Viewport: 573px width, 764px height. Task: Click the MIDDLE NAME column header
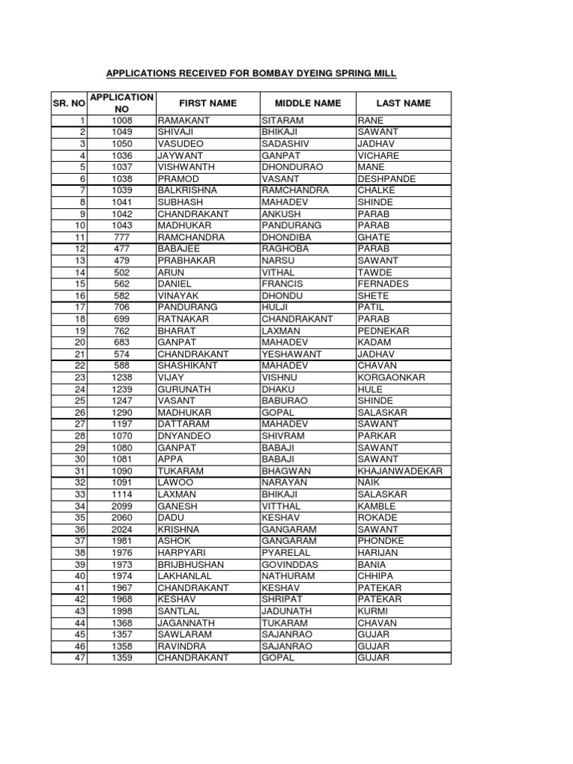click(x=307, y=103)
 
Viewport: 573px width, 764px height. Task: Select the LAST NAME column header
click(x=403, y=103)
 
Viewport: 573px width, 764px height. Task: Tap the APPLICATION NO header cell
click(x=121, y=103)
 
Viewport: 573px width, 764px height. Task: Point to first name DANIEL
click(x=175, y=284)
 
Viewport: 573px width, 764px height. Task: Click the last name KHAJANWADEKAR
click(x=401, y=471)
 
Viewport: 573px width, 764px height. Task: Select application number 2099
click(x=121, y=506)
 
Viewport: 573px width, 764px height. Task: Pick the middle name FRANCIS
click(x=281, y=284)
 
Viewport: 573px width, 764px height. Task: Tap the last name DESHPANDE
click(x=386, y=179)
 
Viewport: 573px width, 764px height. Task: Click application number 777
click(x=121, y=237)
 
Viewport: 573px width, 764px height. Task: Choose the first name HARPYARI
click(x=180, y=553)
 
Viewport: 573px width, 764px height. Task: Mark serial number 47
click(x=81, y=657)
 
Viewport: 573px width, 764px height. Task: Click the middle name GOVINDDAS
click(x=290, y=564)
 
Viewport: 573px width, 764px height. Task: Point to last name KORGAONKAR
click(x=391, y=378)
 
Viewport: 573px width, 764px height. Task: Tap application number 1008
click(x=121, y=121)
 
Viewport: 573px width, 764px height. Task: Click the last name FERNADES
click(x=383, y=284)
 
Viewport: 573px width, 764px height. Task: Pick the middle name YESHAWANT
click(x=291, y=354)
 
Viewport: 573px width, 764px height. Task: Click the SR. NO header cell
click(x=69, y=103)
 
